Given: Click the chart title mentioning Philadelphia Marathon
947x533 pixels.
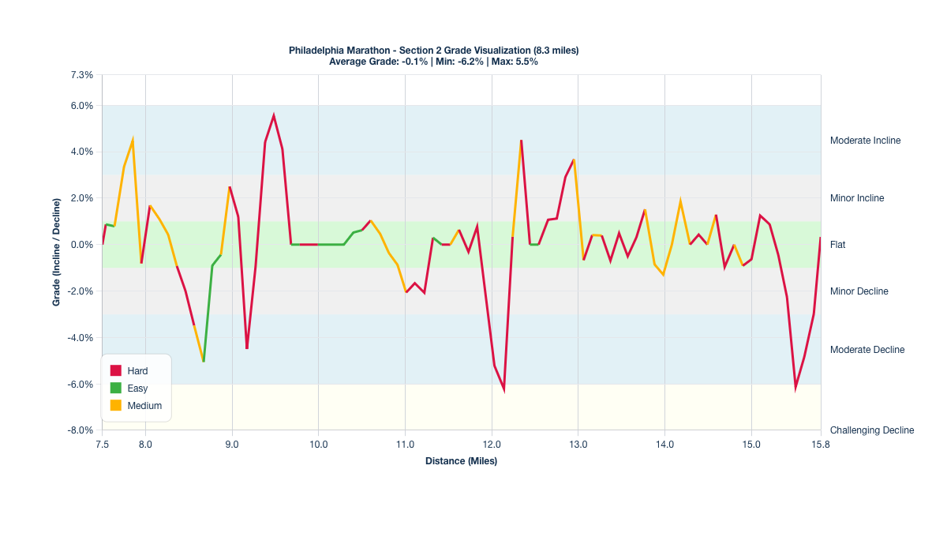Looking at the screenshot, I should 433,51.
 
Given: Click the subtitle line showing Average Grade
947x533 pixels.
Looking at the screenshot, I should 433,61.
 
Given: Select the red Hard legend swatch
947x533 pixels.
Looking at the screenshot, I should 115,370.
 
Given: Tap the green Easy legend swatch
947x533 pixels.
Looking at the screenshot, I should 115,388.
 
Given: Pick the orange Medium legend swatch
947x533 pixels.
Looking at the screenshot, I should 115,405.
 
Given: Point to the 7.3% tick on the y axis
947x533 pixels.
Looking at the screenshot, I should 82,75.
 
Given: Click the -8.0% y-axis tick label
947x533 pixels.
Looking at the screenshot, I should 80,430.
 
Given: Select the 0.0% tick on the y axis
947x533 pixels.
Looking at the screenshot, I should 82,245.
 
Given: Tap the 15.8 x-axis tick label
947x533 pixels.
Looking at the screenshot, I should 821,445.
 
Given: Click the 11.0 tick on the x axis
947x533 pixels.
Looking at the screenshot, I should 405,445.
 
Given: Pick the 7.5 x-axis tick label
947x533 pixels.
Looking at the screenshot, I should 102,445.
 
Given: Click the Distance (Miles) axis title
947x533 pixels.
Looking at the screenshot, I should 461,461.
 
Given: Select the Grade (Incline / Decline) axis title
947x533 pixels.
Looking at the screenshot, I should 57,252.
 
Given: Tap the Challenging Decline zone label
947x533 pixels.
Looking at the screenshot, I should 872,430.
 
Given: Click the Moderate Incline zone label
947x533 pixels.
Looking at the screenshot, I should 865,141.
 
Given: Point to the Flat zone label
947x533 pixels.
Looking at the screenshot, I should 837,245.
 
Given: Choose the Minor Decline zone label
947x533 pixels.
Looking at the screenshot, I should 859,291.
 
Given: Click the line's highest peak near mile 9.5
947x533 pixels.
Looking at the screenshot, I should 274,115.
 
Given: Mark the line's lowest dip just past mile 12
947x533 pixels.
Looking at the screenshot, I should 504,389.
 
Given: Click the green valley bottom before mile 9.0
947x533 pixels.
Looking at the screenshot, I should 204,361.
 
